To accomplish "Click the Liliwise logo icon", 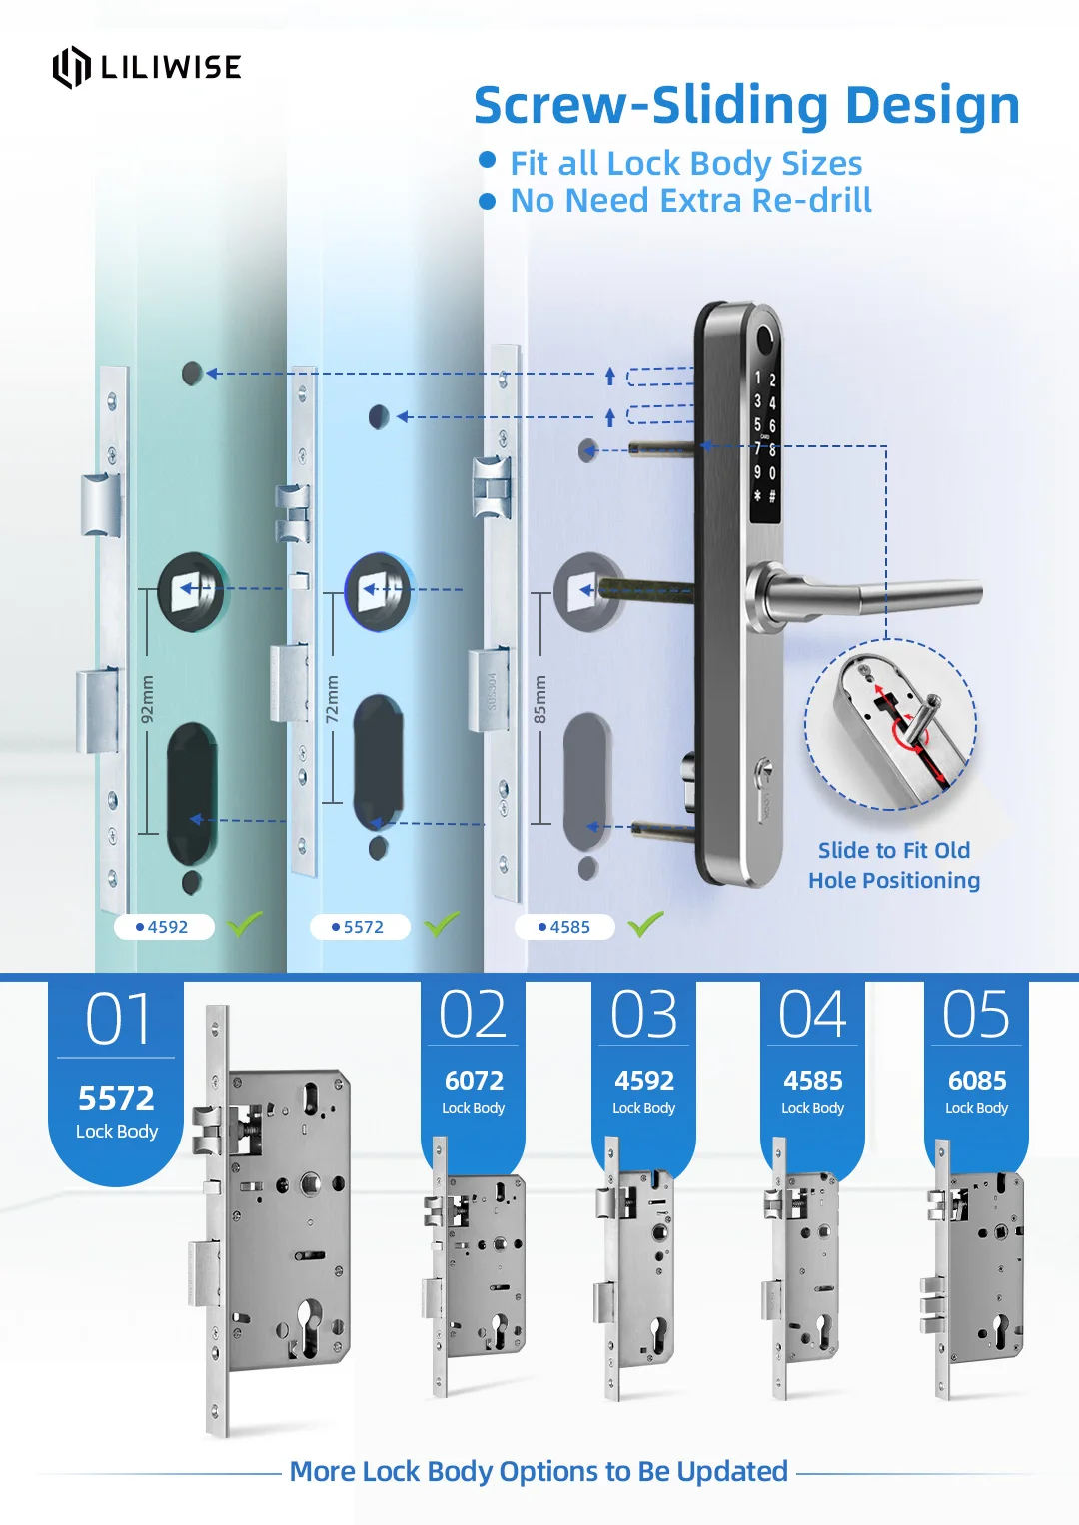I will coord(71,67).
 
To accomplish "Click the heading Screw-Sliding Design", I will coord(745,105).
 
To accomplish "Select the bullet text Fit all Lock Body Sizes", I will coord(685,163).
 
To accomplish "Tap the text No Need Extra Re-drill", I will coord(690,201).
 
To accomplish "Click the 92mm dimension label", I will coord(148,699).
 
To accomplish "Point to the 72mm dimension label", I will coord(333,699).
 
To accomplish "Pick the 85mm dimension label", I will coord(539,699).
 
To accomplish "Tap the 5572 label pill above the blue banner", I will coord(360,927).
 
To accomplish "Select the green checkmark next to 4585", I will coord(646,924).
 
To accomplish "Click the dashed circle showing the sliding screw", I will coord(890,724).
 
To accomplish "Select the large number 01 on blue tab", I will coord(118,1020).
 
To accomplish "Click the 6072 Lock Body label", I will coord(474,1091).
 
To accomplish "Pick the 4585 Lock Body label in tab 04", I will coord(812,1091).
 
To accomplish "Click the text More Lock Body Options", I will coord(539,1471).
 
